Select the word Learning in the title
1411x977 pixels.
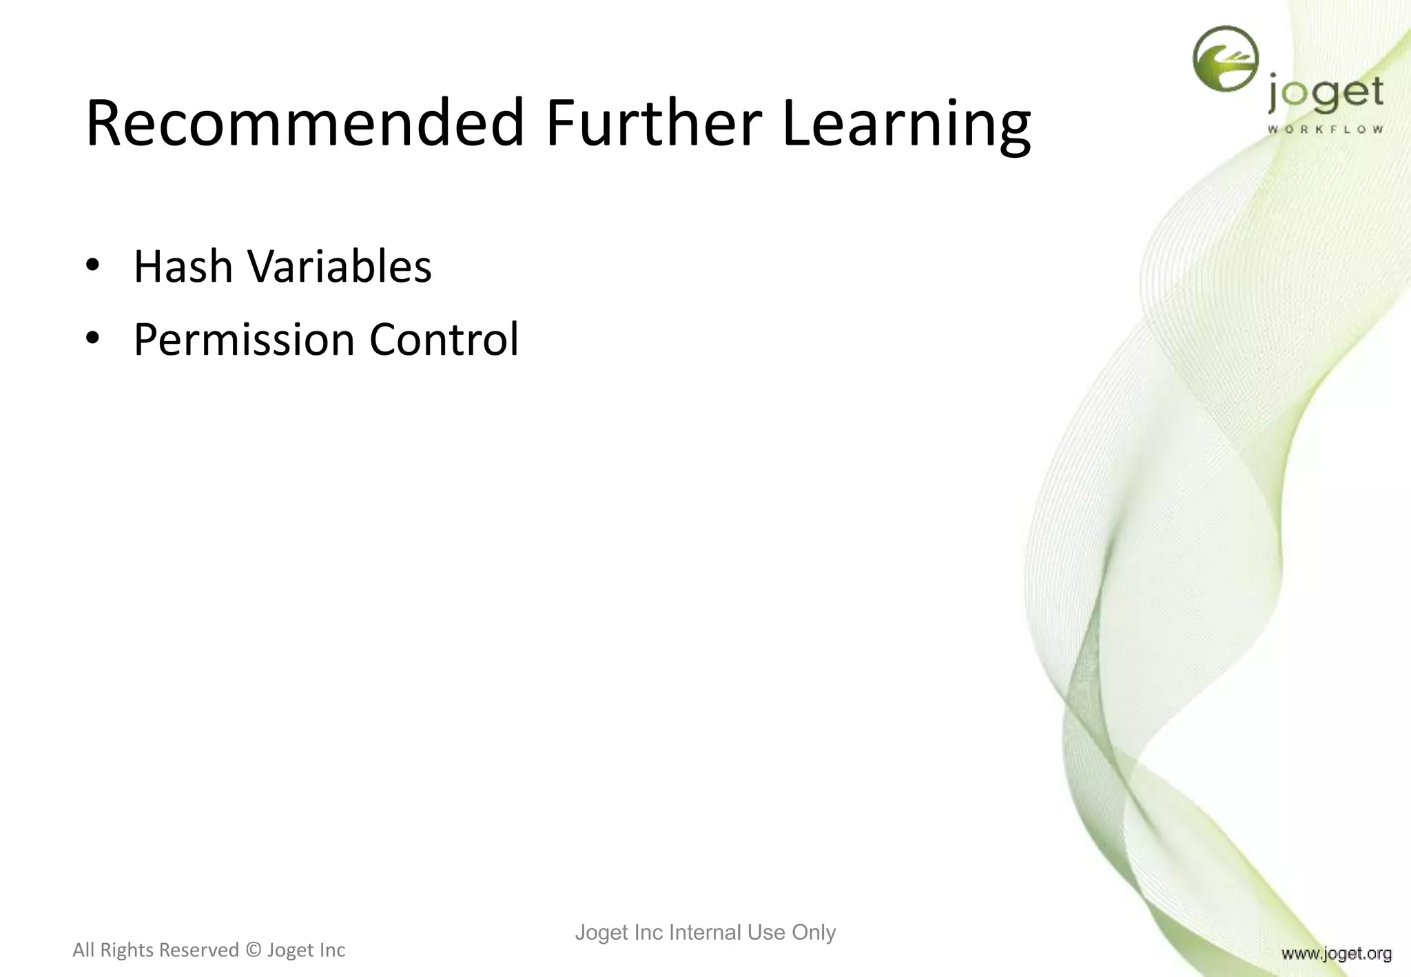click(x=906, y=124)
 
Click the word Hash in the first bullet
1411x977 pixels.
click(x=183, y=267)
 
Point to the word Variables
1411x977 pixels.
click(x=339, y=267)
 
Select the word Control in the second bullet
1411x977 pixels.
click(x=444, y=340)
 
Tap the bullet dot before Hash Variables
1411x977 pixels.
click(x=93, y=265)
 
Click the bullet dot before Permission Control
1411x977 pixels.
click(x=93, y=338)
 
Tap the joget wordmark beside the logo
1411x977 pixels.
click(x=1325, y=95)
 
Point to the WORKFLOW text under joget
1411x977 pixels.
click(x=1325, y=130)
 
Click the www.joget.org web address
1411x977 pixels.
click(x=1336, y=954)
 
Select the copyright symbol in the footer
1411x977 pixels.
click(x=253, y=950)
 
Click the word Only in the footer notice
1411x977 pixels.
click(x=813, y=932)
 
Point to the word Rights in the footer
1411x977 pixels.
click(x=125, y=950)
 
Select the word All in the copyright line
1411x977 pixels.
click(x=83, y=950)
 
